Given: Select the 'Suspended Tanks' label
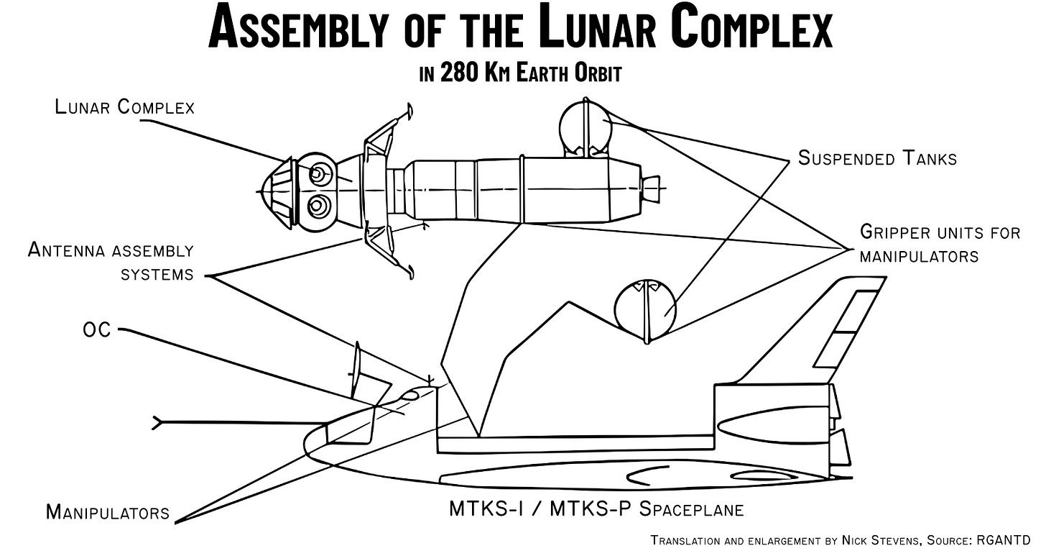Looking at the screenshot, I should point(877,158).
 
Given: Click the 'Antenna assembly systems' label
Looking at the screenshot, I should point(111,261).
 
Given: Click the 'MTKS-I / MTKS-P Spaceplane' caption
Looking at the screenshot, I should point(596,509).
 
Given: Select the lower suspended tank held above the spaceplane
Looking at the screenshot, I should point(646,308).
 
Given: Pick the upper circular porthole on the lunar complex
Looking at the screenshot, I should point(319,173).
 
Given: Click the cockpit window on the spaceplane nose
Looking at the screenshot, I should point(411,394).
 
